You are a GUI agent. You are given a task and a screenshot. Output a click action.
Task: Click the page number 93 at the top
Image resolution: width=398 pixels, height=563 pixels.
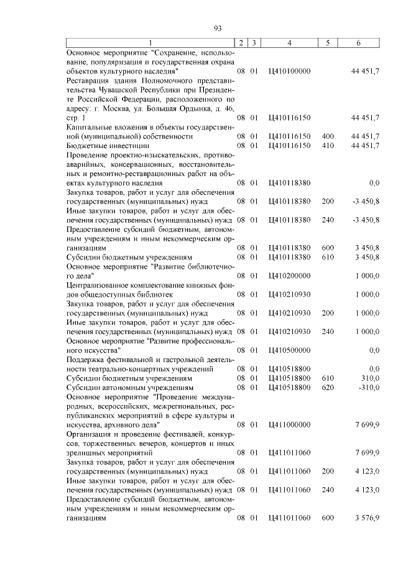click(x=218, y=27)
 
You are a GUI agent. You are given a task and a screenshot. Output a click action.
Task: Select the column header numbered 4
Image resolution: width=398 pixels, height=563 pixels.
click(x=289, y=42)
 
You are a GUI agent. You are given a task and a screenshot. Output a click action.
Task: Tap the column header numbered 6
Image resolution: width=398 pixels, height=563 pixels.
click(x=358, y=42)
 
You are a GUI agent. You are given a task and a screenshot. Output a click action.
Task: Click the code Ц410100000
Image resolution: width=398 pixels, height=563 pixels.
click(x=289, y=72)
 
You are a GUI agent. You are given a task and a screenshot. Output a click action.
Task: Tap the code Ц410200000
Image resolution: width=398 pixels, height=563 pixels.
click(x=289, y=275)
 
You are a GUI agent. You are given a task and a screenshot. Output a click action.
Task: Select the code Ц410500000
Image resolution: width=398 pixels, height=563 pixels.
click(x=289, y=350)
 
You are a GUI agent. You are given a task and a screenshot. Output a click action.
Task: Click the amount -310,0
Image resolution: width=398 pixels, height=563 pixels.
click(x=368, y=387)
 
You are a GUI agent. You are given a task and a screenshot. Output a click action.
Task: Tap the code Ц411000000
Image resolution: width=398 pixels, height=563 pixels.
click(x=289, y=424)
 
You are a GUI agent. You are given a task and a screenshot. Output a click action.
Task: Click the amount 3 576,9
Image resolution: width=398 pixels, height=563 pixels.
click(x=366, y=517)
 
